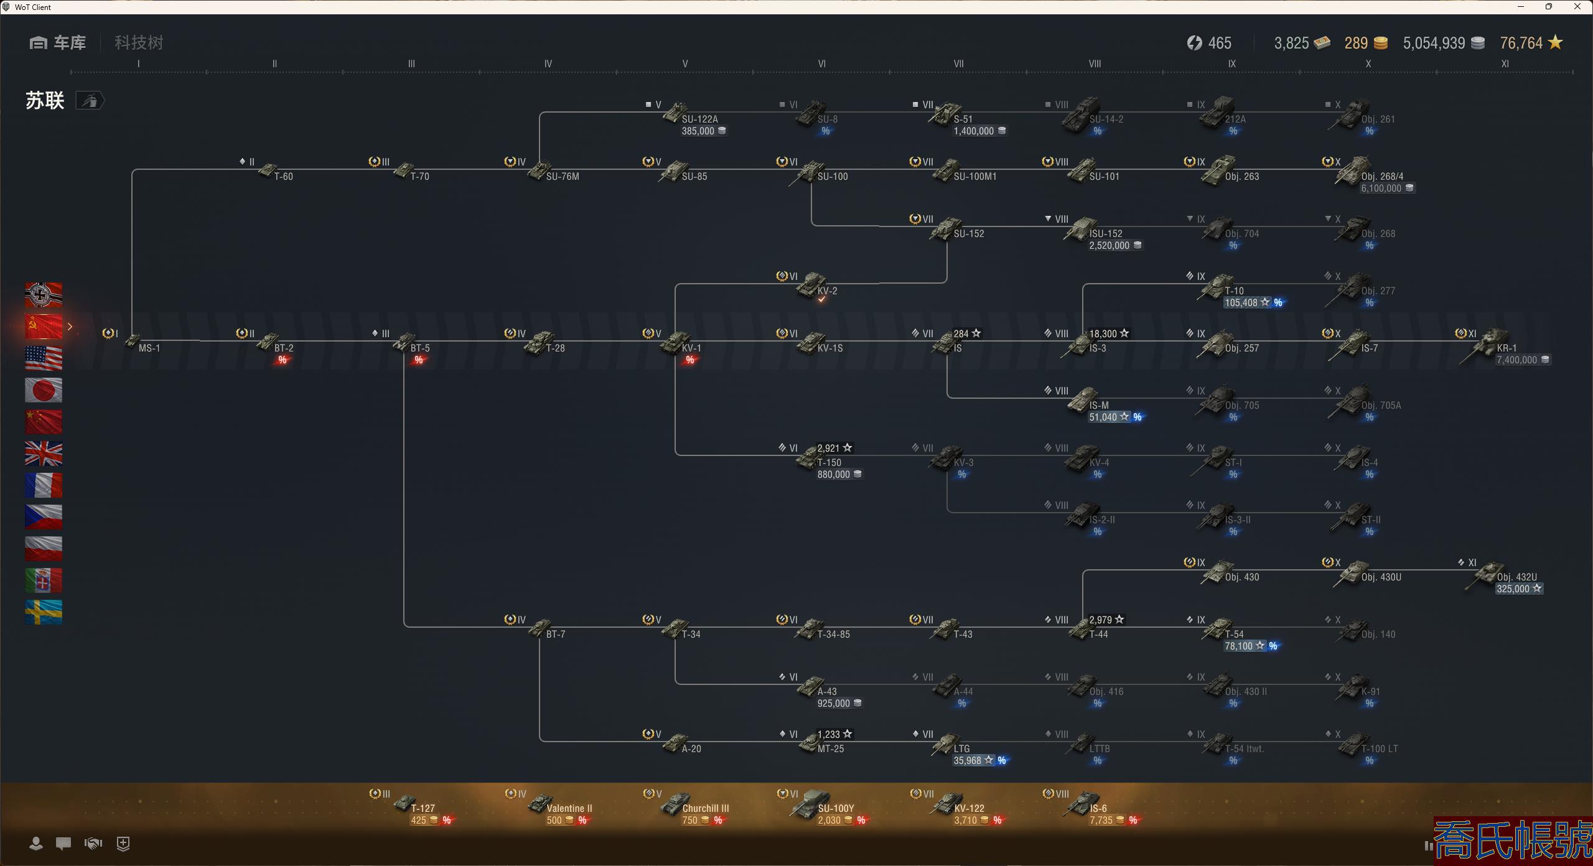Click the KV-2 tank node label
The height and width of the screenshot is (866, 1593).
click(x=827, y=291)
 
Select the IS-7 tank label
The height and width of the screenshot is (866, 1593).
click(x=1369, y=348)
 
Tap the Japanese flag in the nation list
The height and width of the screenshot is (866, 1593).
click(x=44, y=390)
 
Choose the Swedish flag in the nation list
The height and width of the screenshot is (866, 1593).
click(x=44, y=612)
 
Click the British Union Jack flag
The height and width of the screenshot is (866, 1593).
click(x=44, y=454)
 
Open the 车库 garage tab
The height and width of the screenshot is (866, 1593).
click(x=58, y=43)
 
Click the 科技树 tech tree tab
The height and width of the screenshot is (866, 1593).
click(x=139, y=43)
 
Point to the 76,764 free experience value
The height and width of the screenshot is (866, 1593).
click(x=1521, y=43)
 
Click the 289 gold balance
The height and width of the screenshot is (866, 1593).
click(x=1356, y=43)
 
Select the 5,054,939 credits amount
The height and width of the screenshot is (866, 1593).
click(x=1434, y=43)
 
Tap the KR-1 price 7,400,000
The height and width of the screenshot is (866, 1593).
click(x=1516, y=360)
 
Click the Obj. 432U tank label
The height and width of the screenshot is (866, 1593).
click(x=1516, y=577)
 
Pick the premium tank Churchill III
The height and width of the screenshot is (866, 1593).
click(x=705, y=808)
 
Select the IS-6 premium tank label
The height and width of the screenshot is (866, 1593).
click(x=1098, y=808)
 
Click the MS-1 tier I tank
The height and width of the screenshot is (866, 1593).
click(x=149, y=348)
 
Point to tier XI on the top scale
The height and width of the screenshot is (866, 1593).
click(x=1505, y=63)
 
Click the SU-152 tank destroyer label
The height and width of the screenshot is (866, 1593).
click(x=968, y=233)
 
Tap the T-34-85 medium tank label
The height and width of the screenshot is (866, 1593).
click(x=833, y=634)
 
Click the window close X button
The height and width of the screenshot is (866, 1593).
click(x=1577, y=7)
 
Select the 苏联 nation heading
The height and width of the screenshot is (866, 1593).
click(x=45, y=100)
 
